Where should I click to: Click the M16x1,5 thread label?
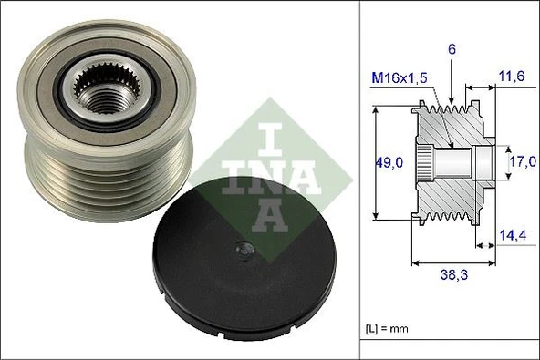pos(400,80)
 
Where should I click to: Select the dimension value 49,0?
pos(391,162)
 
